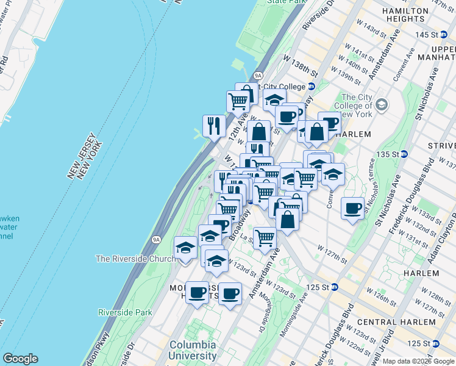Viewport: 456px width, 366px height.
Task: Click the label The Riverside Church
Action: [x=135, y=259]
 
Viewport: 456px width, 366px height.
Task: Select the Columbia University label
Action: [x=193, y=350]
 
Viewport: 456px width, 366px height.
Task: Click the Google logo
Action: [x=20, y=359]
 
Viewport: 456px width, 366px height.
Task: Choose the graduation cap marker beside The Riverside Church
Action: [x=185, y=248]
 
